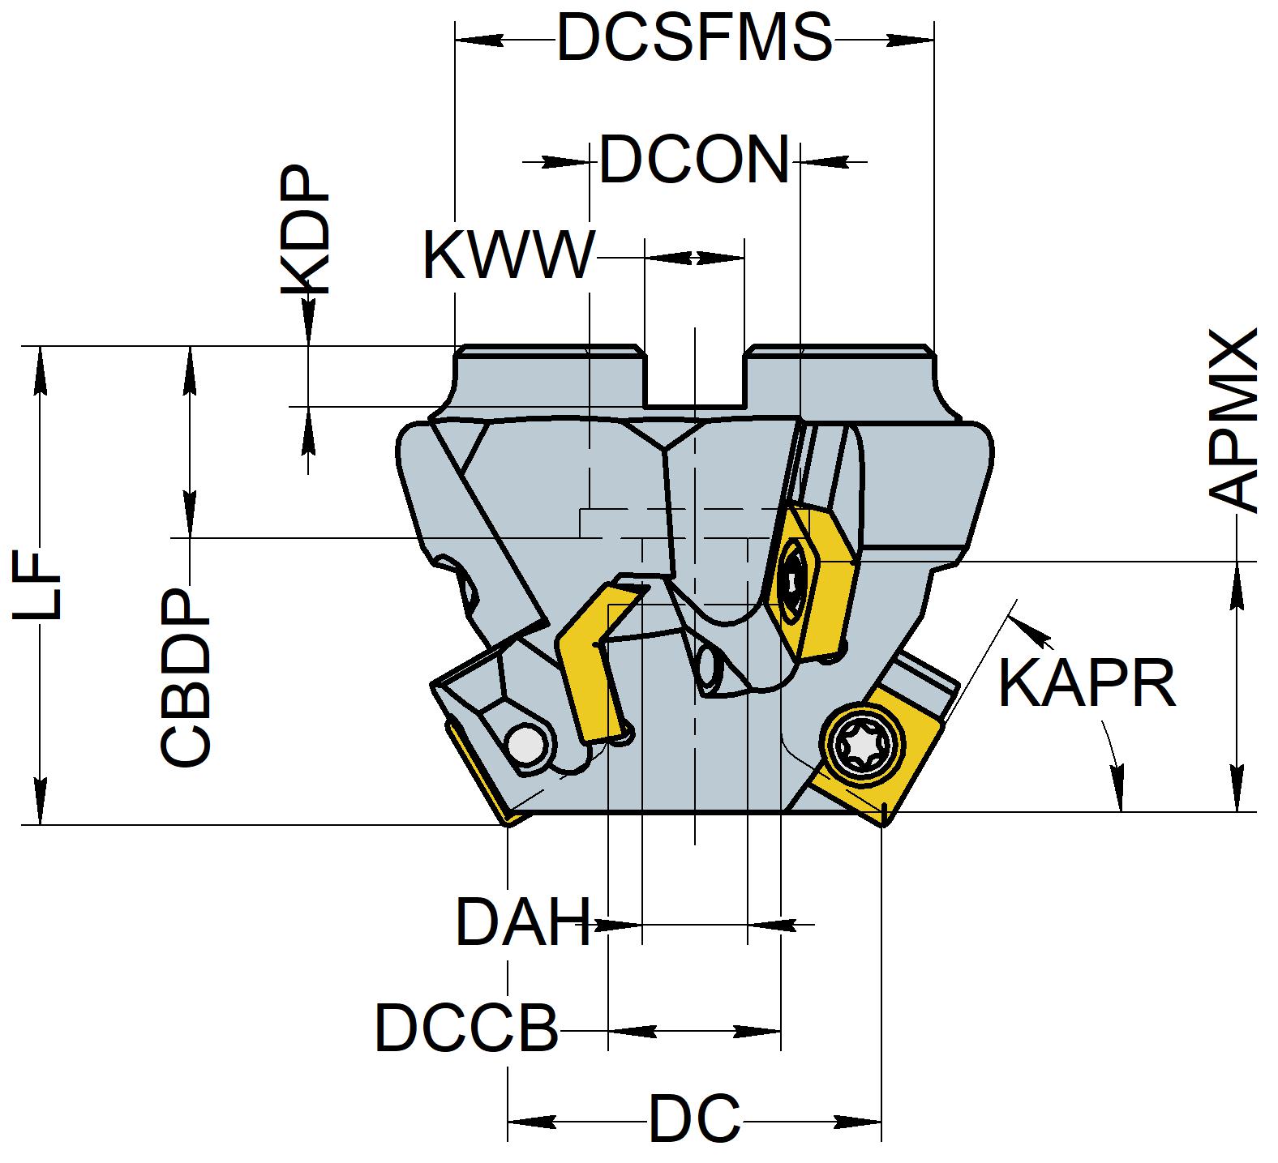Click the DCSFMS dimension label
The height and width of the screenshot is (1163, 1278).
click(x=694, y=38)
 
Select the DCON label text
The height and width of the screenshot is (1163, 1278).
click(x=694, y=160)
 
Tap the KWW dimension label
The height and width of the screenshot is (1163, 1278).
click(x=508, y=255)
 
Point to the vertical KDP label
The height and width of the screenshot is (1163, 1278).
click(x=306, y=232)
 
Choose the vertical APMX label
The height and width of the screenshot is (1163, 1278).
click(x=1233, y=420)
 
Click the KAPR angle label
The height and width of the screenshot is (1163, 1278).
click(x=1087, y=683)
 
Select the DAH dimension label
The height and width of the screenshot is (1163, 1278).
click(x=523, y=922)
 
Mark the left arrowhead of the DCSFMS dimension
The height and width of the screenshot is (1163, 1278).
click(x=470, y=39)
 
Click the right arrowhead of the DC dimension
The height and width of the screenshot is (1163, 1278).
click(x=867, y=1122)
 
